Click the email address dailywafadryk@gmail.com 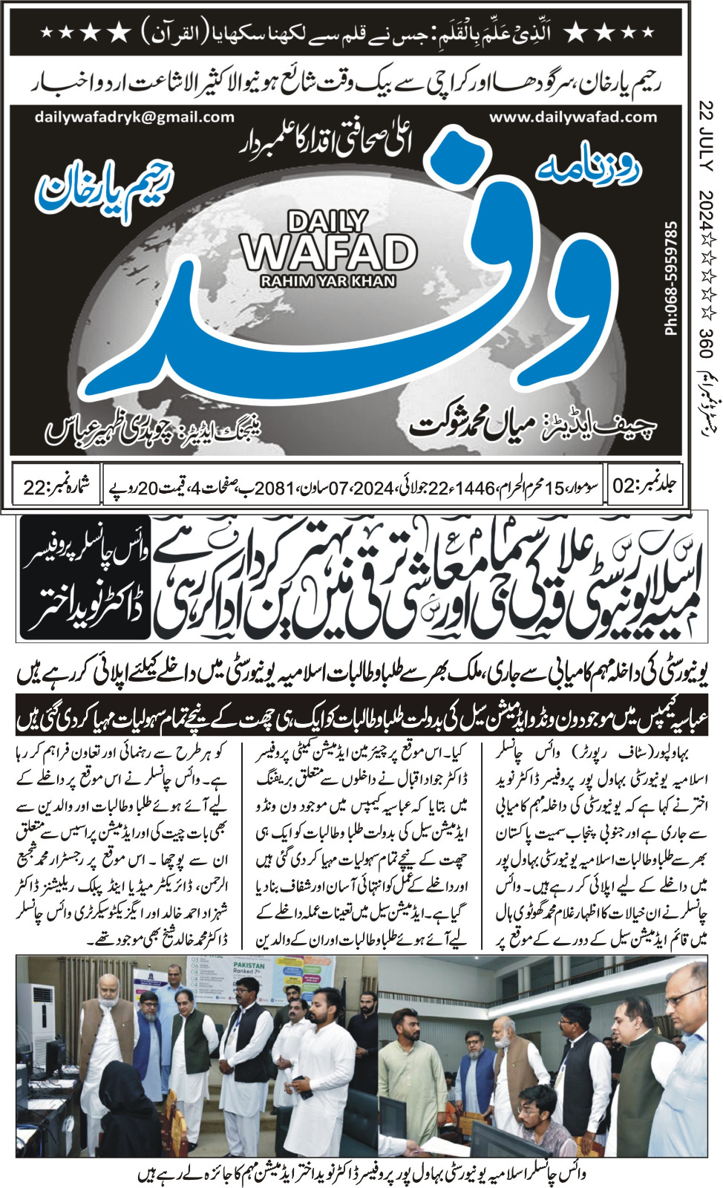click(134, 117)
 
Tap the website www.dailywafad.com click(573, 117)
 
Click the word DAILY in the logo click(327, 221)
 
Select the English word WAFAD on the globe click(329, 252)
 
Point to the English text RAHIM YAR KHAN click(328, 281)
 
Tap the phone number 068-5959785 click(672, 278)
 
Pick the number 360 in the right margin click(705, 343)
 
